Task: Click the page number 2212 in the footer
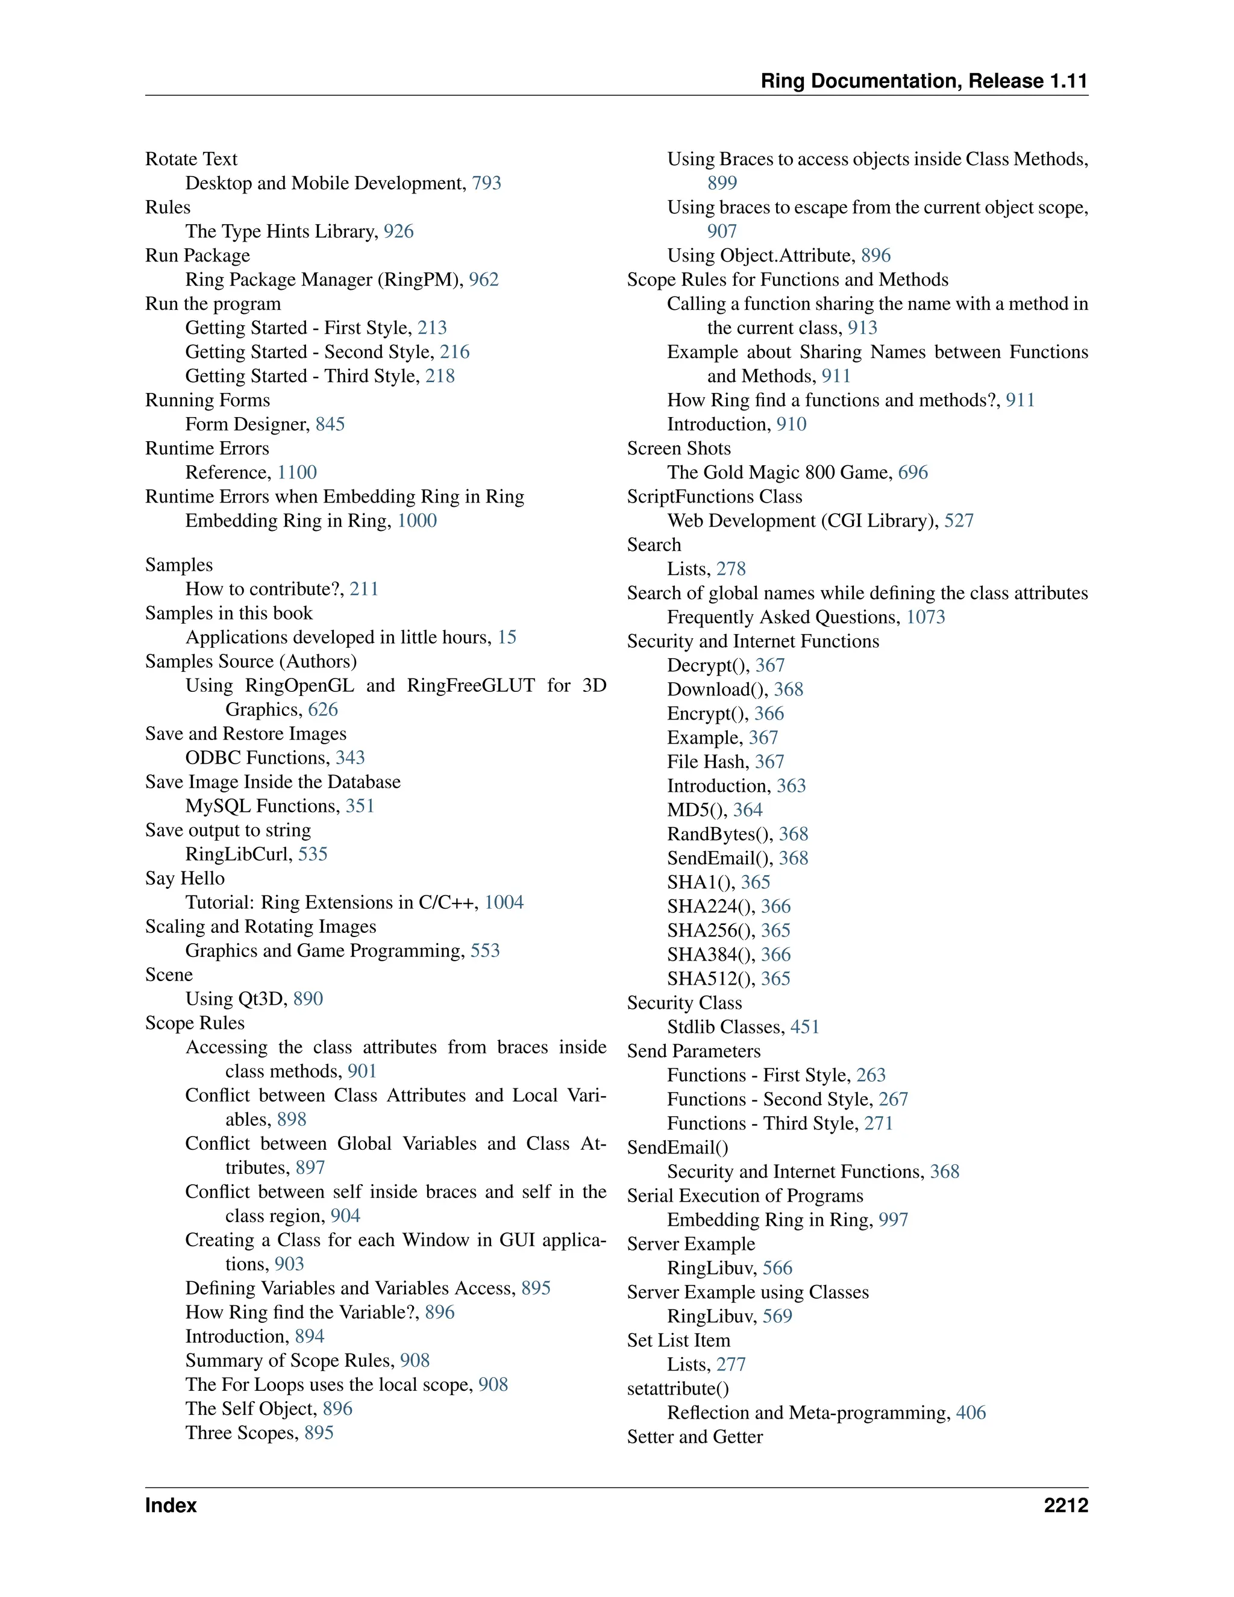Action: pos(1065,1505)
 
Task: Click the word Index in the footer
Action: pos(171,1505)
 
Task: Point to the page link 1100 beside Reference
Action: pos(297,472)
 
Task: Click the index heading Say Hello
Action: pos(184,878)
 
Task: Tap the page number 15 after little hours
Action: pos(507,637)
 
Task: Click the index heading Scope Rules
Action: pos(195,1023)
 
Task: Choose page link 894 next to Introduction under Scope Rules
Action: pos(309,1336)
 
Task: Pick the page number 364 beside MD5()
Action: pos(747,809)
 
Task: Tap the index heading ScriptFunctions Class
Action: pos(714,497)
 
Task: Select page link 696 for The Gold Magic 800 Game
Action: pos(912,472)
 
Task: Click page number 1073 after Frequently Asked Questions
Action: pos(925,617)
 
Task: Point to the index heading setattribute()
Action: pos(678,1388)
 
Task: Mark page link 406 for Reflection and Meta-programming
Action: pos(971,1413)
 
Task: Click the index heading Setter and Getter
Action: pos(695,1437)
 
